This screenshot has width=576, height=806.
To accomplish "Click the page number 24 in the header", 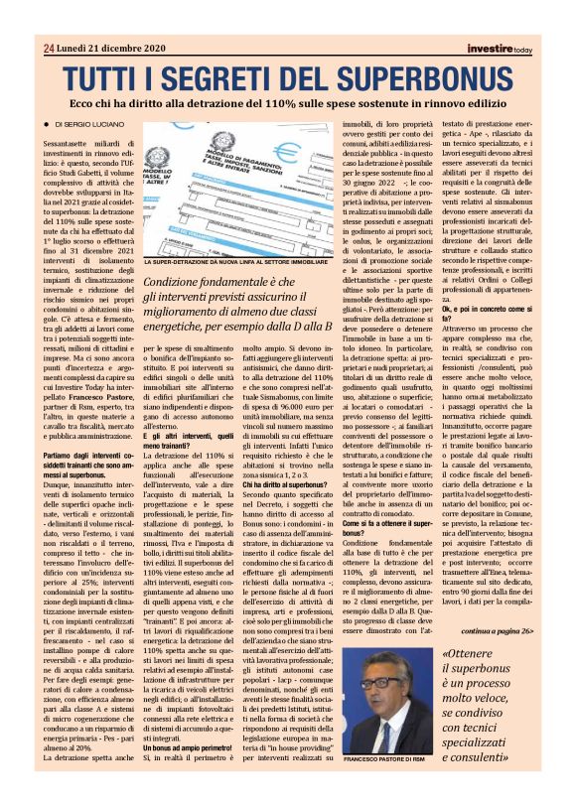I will (49, 49).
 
